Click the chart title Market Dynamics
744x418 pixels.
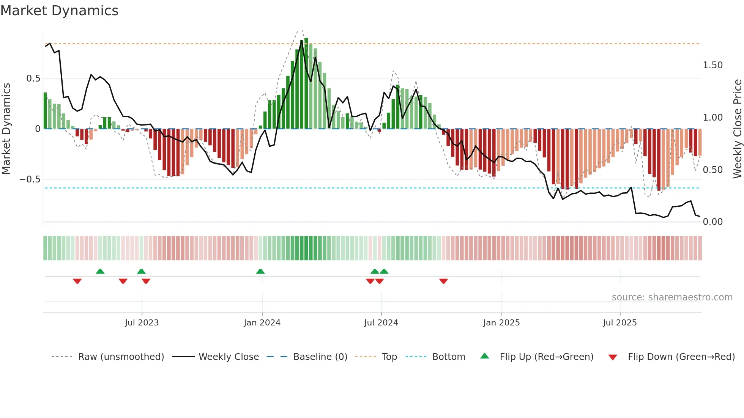point(60,11)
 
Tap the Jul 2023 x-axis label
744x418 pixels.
point(142,323)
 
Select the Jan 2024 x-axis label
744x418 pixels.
point(262,323)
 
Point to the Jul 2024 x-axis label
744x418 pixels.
point(381,323)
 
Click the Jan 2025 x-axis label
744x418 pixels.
point(501,323)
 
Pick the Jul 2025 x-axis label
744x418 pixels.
point(620,323)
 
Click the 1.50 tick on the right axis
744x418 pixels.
point(712,65)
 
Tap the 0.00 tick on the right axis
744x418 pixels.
point(712,222)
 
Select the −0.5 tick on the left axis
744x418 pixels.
point(30,179)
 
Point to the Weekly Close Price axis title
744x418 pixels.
point(737,128)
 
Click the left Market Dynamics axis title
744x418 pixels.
point(6,128)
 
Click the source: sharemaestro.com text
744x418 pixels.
point(672,297)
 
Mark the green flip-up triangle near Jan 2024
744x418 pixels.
point(260,272)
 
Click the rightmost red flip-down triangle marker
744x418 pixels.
point(443,281)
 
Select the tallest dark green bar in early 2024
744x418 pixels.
point(306,83)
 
